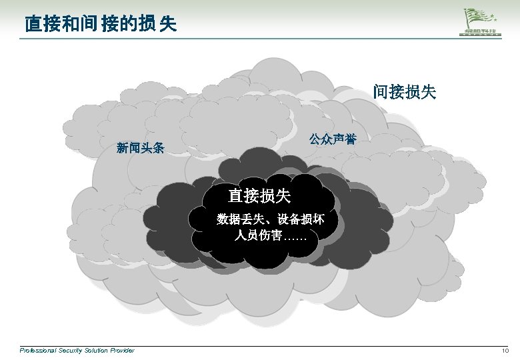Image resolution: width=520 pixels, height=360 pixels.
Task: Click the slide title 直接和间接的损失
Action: pos(100,25)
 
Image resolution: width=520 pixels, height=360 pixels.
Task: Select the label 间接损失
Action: pos(405,92)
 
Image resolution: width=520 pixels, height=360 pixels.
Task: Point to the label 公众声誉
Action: pos(332,139)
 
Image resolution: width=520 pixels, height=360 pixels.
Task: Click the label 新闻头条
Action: pos(140,147)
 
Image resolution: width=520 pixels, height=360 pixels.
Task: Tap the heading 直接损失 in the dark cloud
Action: pos(259,195)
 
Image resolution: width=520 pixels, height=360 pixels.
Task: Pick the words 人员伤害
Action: pos(257,235)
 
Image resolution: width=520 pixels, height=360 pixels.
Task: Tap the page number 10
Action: pos(505,351)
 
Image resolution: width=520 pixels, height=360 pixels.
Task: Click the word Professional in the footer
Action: pos(37,351)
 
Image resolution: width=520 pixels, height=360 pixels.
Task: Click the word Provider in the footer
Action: pos(122,351)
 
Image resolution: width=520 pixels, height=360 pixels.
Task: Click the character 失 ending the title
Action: pos(169,25)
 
